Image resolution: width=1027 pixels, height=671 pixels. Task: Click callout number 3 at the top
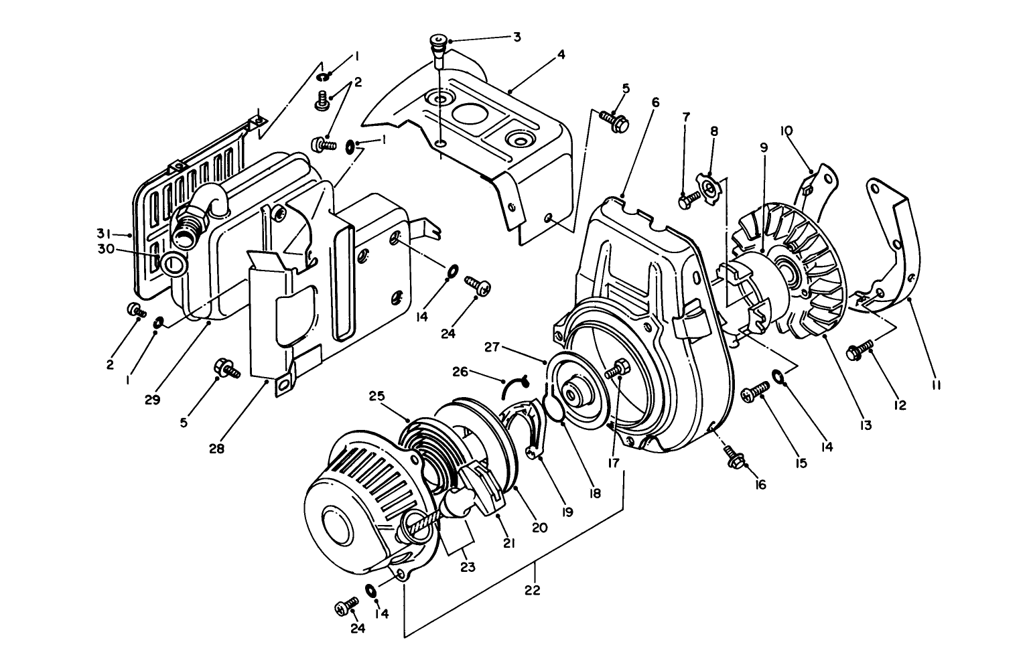[517, 37]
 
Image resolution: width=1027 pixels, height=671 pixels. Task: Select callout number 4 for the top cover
[561, 55]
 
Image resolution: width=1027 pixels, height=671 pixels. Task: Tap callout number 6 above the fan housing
[655, 102]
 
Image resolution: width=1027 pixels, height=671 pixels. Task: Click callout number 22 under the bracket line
[534, 590]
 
